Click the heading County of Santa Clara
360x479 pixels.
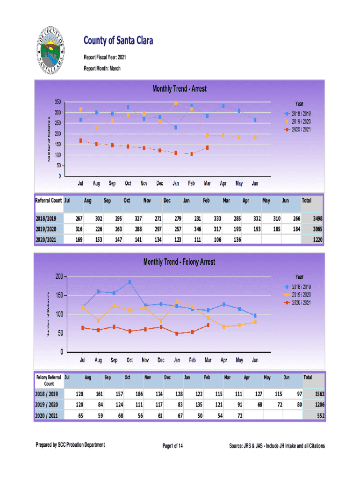tap(118, 42)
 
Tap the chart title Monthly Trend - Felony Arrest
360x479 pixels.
tap(180, 262)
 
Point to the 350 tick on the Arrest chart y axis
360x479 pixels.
tap(58, 102)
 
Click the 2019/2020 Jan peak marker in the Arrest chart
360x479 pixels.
tap(176, 103)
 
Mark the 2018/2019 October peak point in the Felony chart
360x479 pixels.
tap(130, 282)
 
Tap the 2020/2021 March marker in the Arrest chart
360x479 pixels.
tap(207, 148)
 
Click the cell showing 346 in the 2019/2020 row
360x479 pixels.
tap(195, 229)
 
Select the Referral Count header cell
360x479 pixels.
tap(49, 201)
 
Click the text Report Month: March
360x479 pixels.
tap(102, 68)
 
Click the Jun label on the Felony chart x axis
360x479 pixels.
tap(255, 361)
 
